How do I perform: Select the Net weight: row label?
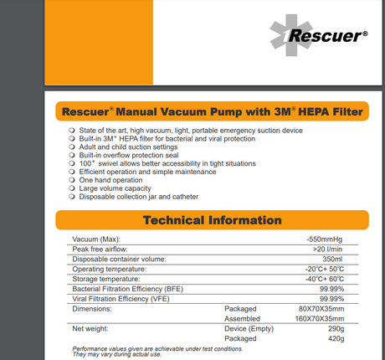92,328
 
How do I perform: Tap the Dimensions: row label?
94,308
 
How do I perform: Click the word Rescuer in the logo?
326,36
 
